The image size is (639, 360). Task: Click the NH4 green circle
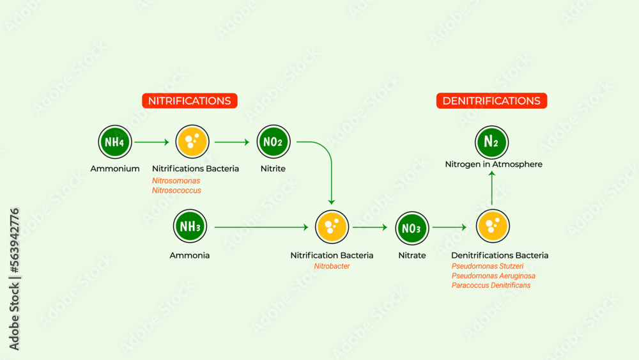pyautogui.click(x=114, y=142)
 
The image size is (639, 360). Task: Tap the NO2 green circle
pyautogui.click(x=273, y=142)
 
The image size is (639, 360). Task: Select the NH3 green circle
pyautogui.click(x=190, y=227)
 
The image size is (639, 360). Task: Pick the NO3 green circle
pyautogui.click(x=412, y=228)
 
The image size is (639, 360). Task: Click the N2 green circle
pyautogui.click(x=491, y=142)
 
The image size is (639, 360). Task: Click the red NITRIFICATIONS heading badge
pyautogui.click(x=190, y=101)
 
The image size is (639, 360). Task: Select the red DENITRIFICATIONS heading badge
pyautogui.click(x=491, y=101)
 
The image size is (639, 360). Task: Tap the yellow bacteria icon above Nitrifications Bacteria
pyautogui.click(x=192, y=142)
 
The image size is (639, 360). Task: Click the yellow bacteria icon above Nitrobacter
pyautogui.click(x=332, y=227)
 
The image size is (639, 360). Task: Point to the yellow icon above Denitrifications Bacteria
pyautogui.click(x=493, y=227)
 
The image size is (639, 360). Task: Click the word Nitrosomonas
pyautogui.click(x=176, y=181)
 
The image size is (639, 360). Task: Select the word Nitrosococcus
pyautogui.click(x=176, y=191)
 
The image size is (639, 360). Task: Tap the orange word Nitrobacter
pyautogui.click(x=332, y=266)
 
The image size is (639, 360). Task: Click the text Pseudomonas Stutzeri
pyautogui.click(x=488, y=266)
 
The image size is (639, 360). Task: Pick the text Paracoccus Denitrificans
pyautogui.click(x=491, y=285)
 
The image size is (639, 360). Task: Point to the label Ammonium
pyautogui.click(x=115, y=169)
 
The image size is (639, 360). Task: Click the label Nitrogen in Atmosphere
pyautogui.click(x=493, y=164)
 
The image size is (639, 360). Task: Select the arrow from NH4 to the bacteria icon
pyautogui.click(x=152, y=142)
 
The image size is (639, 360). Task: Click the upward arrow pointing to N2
pyautogui.click(x=491, y=189)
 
